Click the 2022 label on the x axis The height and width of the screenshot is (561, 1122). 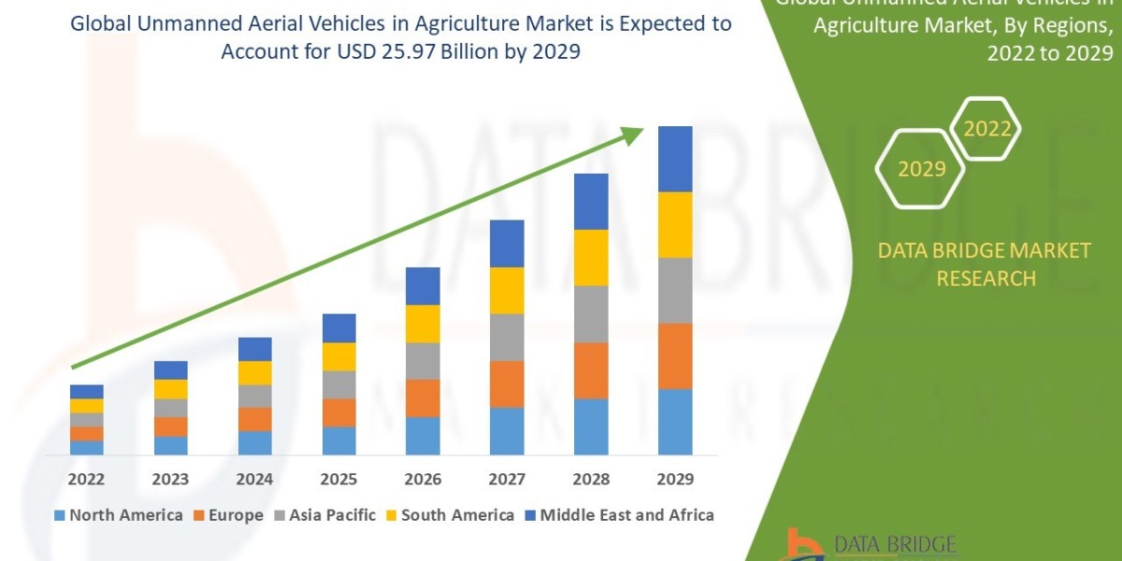pos(86,480)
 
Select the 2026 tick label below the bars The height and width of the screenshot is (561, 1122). pos(423,480)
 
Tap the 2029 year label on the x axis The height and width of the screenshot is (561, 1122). pos(675,480)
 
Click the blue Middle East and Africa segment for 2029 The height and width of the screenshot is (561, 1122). pos(675,159)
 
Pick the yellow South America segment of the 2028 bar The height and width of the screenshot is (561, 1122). pos(591,257)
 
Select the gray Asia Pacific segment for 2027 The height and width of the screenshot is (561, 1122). pos(507,337)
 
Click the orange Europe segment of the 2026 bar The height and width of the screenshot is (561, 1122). pos(423,397)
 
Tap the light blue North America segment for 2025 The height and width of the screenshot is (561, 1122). pos(338,440)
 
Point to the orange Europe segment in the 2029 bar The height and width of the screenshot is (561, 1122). pos(675,355)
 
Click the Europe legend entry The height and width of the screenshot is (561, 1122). pos(230,515)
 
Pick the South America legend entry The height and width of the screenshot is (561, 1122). pos(449,515)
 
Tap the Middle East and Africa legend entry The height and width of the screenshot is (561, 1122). pos(618,515)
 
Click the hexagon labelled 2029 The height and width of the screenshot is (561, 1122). pos(921,169)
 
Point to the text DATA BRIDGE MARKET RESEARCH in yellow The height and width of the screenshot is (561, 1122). pos(985,265)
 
